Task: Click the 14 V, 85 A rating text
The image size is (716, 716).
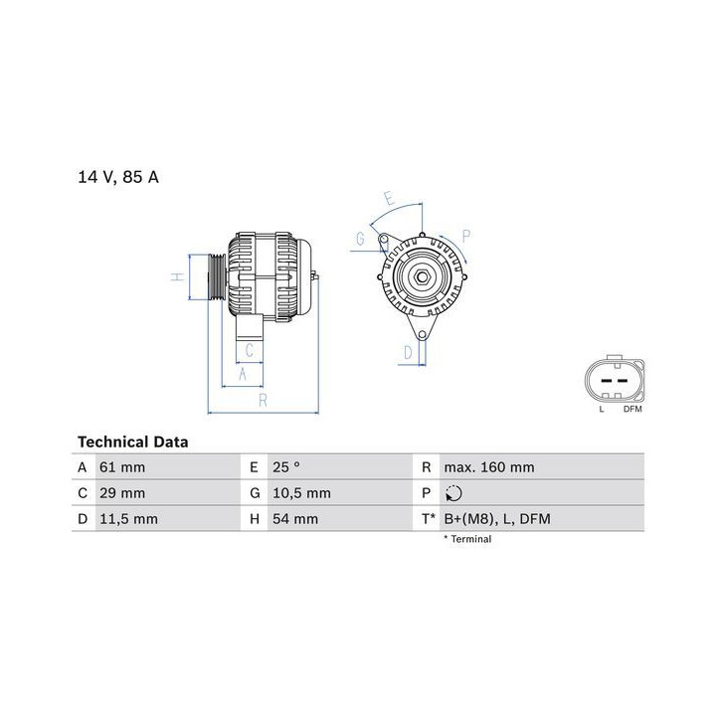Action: coord(118,177)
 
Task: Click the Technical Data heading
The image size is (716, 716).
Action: coord(133,442)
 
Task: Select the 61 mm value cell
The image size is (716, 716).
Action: coord(122,467)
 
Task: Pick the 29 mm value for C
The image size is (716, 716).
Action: coord(122,493)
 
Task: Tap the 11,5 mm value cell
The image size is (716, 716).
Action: coord(128,519)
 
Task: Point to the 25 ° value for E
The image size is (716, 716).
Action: coord(286,467)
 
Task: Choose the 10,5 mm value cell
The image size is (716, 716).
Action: coord(302,493)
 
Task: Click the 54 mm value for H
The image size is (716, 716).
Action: coord(295,519)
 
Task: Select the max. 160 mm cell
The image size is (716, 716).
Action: coord(489,467)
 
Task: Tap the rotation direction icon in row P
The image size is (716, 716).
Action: coord(453,493)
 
